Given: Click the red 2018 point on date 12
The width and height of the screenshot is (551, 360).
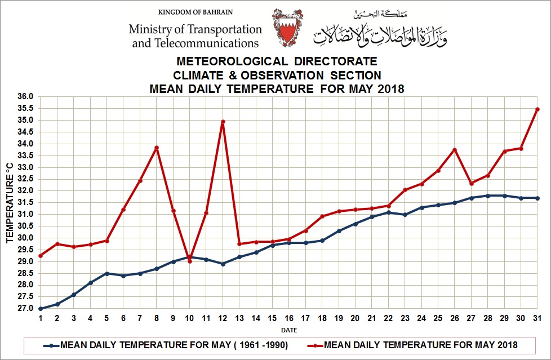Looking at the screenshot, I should point(223,122).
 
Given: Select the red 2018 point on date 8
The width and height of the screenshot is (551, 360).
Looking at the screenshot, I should point(157,148).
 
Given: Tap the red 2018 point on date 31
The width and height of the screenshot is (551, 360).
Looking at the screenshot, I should point(537,109).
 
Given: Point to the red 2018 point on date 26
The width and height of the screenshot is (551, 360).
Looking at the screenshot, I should point(455,150).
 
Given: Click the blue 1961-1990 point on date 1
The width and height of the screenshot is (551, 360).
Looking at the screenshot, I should point(41,309).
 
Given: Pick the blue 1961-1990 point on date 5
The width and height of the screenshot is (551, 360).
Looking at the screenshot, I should point(107,273).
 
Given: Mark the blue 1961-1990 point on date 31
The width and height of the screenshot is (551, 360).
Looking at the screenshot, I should point(537,198).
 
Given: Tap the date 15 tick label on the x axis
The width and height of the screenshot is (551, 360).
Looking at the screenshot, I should point(273,318).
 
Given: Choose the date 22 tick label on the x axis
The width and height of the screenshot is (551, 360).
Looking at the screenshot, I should point(389,318).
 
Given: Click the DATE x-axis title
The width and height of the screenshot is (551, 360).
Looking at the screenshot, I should point(289,330).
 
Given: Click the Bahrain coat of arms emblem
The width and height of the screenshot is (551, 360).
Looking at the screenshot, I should point(287,28).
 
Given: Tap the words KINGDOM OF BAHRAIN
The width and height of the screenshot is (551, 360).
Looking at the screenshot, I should point(195,12).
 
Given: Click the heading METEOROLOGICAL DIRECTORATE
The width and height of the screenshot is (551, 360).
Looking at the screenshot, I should point(277,61).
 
